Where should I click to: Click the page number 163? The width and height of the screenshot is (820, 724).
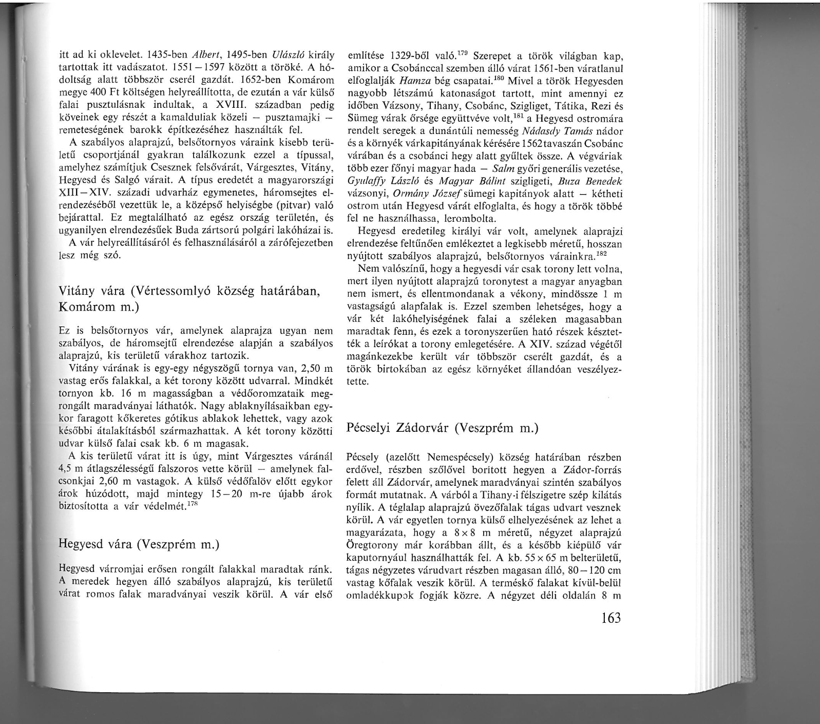pyautogui.click(x=609, y=617)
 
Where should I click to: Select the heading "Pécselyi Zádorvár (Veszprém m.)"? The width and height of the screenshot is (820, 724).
pyautogui.click(x=443, y=428)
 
